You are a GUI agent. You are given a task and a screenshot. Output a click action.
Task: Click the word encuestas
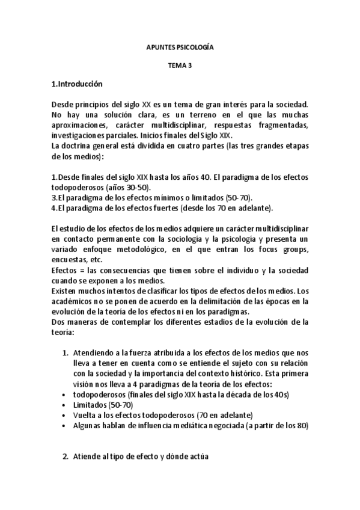(70, 260)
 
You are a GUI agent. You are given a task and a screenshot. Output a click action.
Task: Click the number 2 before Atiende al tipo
(65, 456)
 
